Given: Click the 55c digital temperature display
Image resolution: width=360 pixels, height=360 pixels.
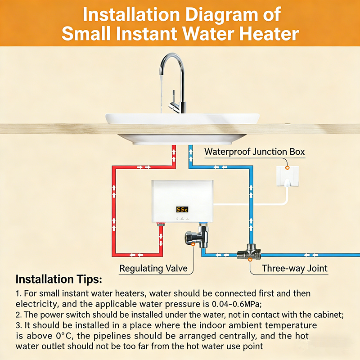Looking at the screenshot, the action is coord(182,209).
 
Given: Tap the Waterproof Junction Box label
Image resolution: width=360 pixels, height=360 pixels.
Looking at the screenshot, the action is coord(255,152).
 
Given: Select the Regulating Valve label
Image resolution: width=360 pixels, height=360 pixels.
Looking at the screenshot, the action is coord(153,268).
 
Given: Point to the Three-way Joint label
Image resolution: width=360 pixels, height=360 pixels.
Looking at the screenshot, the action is coord(295,268).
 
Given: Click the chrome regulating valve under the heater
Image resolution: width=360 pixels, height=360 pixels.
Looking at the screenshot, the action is coord(197,237).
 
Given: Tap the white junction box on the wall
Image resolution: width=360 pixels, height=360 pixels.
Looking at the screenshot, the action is coord(288,176).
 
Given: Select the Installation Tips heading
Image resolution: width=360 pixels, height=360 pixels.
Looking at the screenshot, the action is coord(59,279).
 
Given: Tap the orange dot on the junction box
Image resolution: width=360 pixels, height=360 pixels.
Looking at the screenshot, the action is coord(287,168).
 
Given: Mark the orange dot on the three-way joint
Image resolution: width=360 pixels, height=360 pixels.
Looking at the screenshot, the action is coord(250,260).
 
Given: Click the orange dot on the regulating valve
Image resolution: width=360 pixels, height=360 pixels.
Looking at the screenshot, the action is coord(193,244).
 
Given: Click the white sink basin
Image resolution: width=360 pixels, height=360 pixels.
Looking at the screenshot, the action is coord(183,129).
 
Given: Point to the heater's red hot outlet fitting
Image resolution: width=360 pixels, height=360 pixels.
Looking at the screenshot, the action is coord(161,224).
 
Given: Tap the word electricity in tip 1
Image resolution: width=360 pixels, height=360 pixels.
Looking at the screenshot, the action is coord(37,304).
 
